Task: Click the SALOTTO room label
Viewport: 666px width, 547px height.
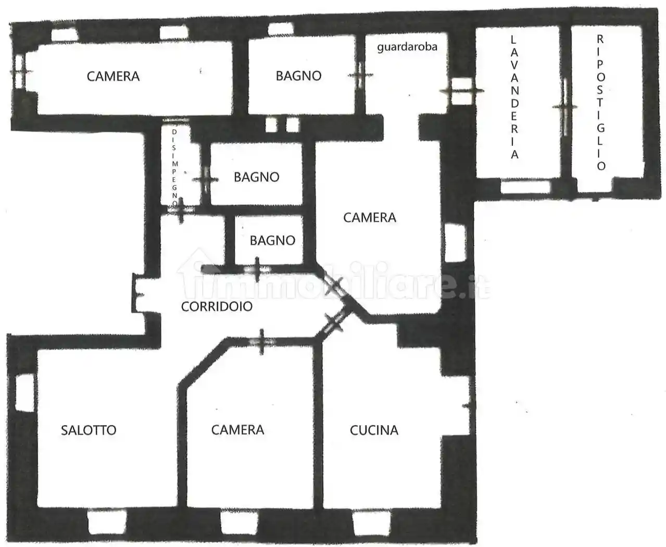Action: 89,430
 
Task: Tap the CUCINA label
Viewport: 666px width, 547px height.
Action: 374,430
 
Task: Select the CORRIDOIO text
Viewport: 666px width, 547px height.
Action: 217,306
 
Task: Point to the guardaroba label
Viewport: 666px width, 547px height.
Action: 407,47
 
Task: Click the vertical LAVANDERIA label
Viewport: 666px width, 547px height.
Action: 514,97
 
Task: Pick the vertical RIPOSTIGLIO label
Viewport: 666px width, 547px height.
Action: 600,103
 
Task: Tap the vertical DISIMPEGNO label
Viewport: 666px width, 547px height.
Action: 174,167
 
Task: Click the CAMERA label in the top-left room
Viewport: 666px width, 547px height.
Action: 113,77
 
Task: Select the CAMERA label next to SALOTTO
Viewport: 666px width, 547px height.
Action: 237,430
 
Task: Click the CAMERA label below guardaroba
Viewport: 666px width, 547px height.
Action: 370,217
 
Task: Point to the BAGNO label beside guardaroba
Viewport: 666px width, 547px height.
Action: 298,76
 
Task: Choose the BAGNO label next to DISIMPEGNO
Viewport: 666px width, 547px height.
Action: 256,177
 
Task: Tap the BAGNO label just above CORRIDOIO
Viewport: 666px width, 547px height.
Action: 272,241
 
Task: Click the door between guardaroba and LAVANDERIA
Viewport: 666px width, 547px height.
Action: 461,91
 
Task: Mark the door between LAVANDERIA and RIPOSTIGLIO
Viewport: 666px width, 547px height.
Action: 565,107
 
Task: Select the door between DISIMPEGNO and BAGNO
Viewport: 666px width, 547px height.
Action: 206,180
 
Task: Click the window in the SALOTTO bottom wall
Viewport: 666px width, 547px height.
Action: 107,522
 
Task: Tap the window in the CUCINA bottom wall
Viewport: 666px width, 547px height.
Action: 371,523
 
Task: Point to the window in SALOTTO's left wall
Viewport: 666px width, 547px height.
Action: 25,393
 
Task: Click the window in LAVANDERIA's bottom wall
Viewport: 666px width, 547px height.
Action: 525,187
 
